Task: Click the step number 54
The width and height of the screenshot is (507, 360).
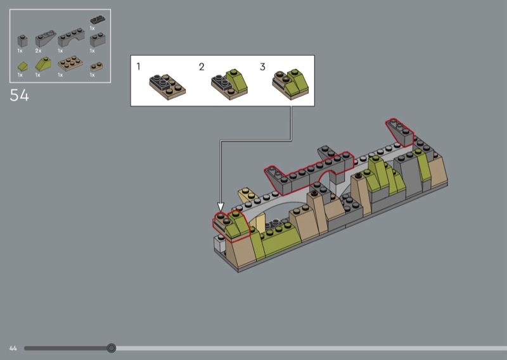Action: tap(20, 95)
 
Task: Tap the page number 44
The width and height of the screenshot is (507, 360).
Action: tap(13, 349)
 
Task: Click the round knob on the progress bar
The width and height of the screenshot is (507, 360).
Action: tap(112, 348)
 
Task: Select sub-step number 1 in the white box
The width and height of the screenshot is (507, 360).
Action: tap(138, 67)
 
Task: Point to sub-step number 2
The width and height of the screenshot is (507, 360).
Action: tap(202, 67)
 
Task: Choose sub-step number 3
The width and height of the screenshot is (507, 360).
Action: tap(262, 67)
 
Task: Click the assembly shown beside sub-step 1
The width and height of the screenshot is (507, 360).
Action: tap(167, 87)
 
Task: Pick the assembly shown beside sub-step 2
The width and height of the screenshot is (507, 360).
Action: tap(229, 84)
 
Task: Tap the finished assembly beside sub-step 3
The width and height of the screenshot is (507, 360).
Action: tap(290, 84)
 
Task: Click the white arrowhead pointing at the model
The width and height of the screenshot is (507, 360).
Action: tap(221, 207)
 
